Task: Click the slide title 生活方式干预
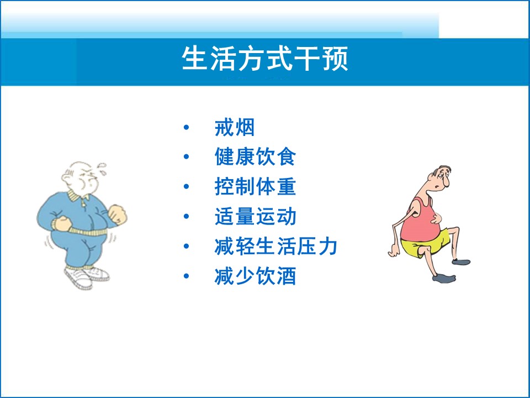pos(265,59)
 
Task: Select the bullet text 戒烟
pos(235,127)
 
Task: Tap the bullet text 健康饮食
pos(255,156)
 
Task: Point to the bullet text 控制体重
pos(255,186)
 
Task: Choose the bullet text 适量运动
pos(255,216)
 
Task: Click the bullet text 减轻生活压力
pos(276,246)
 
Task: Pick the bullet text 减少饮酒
pos(255,276)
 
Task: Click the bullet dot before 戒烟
pos(186,127)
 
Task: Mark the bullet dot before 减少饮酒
pos(186,276)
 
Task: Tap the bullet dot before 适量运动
pos(186,216)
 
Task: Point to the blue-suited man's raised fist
pos(117,214)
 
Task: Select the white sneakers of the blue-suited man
pos(87,277)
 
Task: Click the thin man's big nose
pos(446,182)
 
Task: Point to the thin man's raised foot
pos(461,261)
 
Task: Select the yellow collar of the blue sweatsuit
pos(77,196)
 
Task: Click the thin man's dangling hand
pos(394,252)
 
